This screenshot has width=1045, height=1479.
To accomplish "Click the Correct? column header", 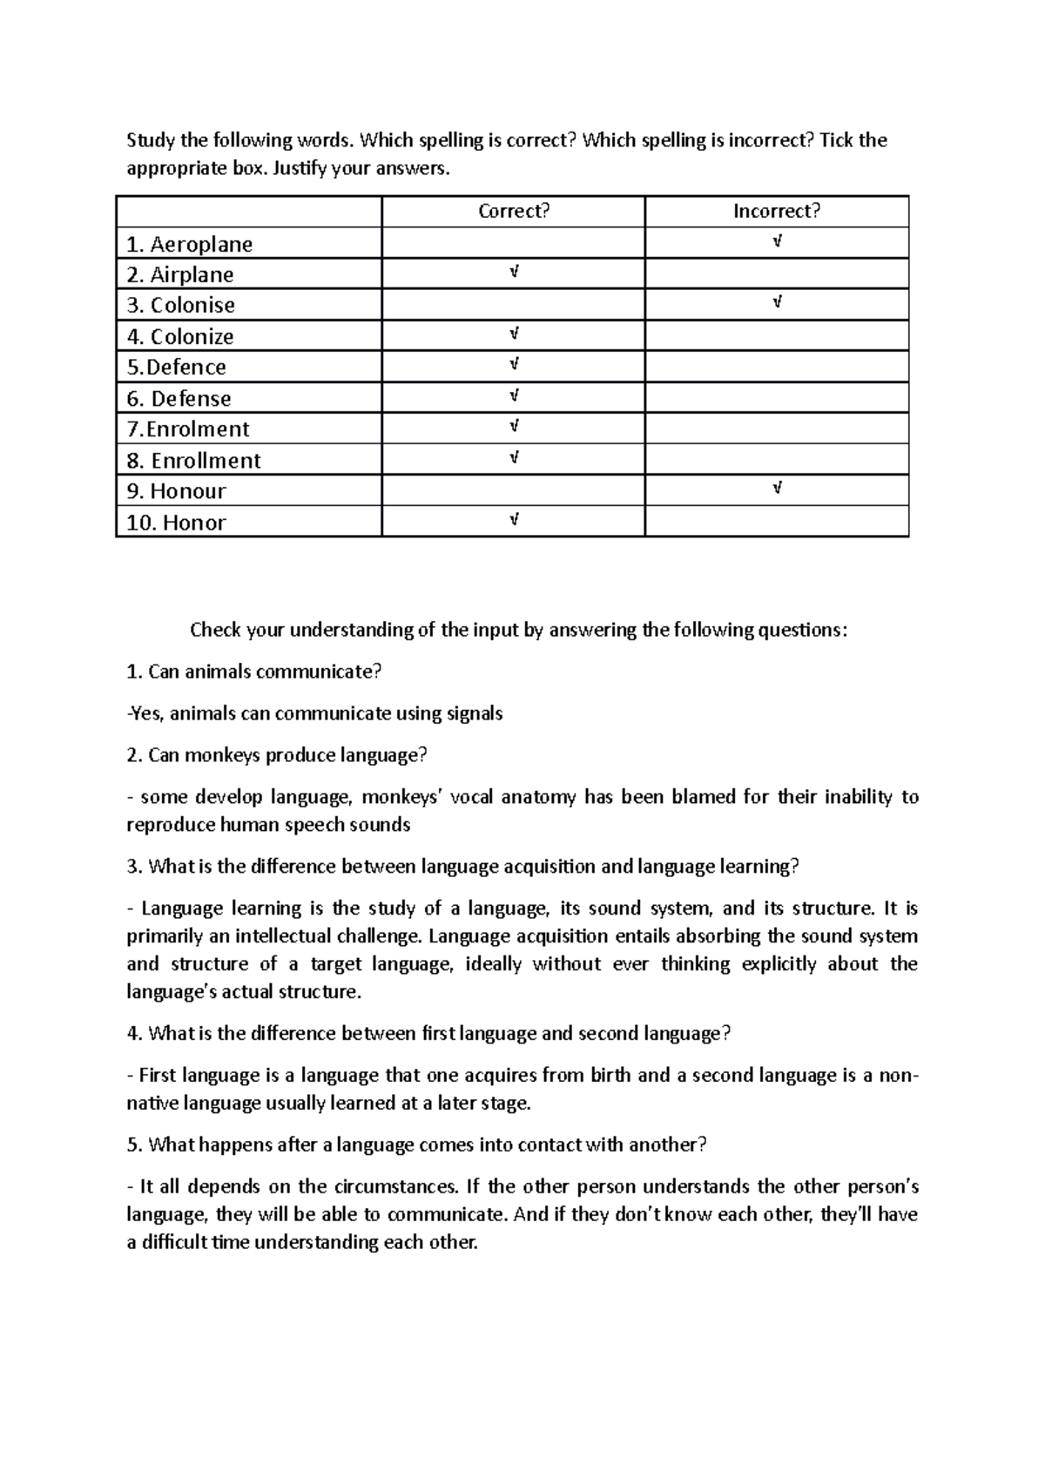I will pos(514,212).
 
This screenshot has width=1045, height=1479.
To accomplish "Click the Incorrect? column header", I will pos(777,212).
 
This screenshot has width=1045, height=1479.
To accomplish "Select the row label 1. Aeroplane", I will pos(190,244).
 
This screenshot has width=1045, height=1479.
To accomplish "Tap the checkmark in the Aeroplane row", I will pos(777,241).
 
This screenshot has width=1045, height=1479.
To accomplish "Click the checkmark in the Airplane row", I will pos(514,273).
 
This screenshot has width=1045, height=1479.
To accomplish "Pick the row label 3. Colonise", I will pos(181,306).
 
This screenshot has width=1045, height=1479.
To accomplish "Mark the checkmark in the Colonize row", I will pos(514,334).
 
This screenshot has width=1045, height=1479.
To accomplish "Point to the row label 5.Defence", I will pos(177,368).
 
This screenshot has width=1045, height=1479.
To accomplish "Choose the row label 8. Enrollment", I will pos(194,461).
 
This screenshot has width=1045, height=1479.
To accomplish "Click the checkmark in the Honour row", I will pos(777,489).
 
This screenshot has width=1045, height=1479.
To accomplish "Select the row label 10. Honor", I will pos(177,523).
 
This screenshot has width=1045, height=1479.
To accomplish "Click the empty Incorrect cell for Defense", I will pos(777,398).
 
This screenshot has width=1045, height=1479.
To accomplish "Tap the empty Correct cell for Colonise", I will pos(514,306).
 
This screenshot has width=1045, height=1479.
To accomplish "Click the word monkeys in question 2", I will pos(219,755).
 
